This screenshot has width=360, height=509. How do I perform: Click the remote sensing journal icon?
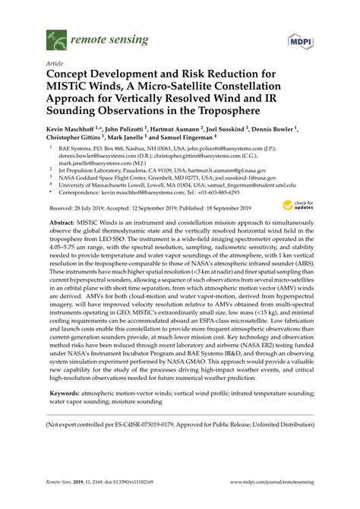coord(55,35)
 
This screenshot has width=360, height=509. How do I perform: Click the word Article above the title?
coord(55,64)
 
